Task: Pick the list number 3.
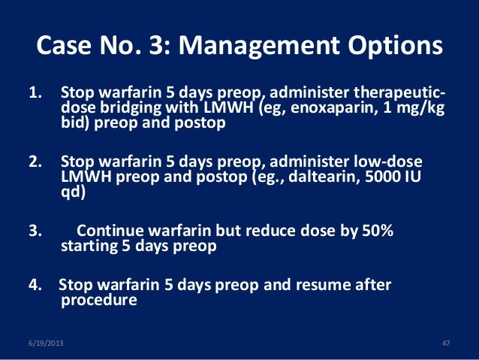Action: [35, 231]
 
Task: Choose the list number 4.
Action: [35, 285]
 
